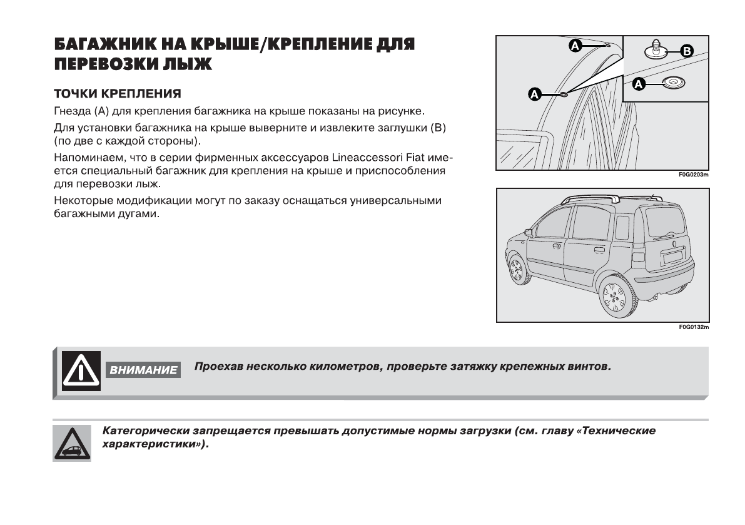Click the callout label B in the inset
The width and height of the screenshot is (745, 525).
[x=686, y=51]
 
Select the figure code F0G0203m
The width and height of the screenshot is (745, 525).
[x=694, y=175]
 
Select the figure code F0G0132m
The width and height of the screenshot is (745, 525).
[x=694, y=327]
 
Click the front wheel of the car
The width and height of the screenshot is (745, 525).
[x=517, y=269]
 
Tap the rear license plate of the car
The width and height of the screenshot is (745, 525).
[x=672, y=256]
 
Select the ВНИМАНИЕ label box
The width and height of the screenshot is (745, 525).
[x=143, y=370]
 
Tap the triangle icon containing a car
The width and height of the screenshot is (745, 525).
[x=72, y=442]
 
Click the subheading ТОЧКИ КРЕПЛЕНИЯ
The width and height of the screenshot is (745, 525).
[x=118, y=94]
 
